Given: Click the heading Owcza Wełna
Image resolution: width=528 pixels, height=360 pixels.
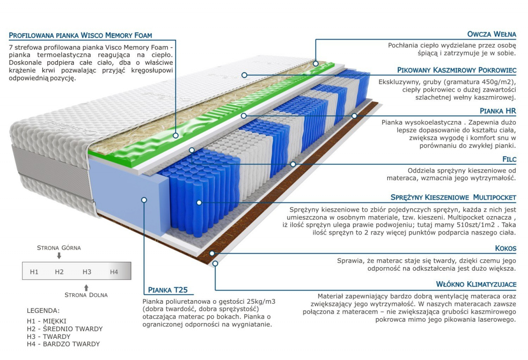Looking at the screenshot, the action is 491,34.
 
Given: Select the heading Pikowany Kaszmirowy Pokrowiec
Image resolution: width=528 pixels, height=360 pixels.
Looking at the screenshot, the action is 457,70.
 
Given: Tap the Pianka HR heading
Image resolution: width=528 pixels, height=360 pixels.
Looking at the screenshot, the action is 498,111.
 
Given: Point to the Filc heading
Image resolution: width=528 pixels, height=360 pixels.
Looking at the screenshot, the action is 509,159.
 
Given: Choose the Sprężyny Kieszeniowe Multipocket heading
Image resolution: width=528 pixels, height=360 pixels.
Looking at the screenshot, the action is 453,197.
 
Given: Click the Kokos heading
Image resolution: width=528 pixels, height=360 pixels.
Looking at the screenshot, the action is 506,248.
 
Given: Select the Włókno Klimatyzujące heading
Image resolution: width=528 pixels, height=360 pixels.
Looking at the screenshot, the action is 476,284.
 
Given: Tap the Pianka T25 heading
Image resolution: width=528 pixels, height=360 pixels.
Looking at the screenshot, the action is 168,290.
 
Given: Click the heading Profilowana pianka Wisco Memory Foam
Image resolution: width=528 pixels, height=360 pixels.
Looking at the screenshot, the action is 81,35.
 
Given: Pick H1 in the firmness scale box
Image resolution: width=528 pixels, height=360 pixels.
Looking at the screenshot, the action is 34,272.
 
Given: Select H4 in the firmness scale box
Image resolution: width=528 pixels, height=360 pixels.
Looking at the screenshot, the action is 114,272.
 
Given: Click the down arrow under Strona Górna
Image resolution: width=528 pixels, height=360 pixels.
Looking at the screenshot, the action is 59,256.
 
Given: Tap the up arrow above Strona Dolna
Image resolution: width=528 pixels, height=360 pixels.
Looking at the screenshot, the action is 86,288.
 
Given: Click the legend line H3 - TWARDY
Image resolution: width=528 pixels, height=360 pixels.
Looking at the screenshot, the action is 48,336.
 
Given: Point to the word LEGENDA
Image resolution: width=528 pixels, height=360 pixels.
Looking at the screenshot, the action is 44,311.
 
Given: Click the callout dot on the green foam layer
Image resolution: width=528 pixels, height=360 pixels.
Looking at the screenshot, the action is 176,136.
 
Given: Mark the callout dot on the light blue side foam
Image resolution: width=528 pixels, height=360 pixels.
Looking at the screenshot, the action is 144,200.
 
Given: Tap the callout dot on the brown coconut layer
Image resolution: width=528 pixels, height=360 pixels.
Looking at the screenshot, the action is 212,253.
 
